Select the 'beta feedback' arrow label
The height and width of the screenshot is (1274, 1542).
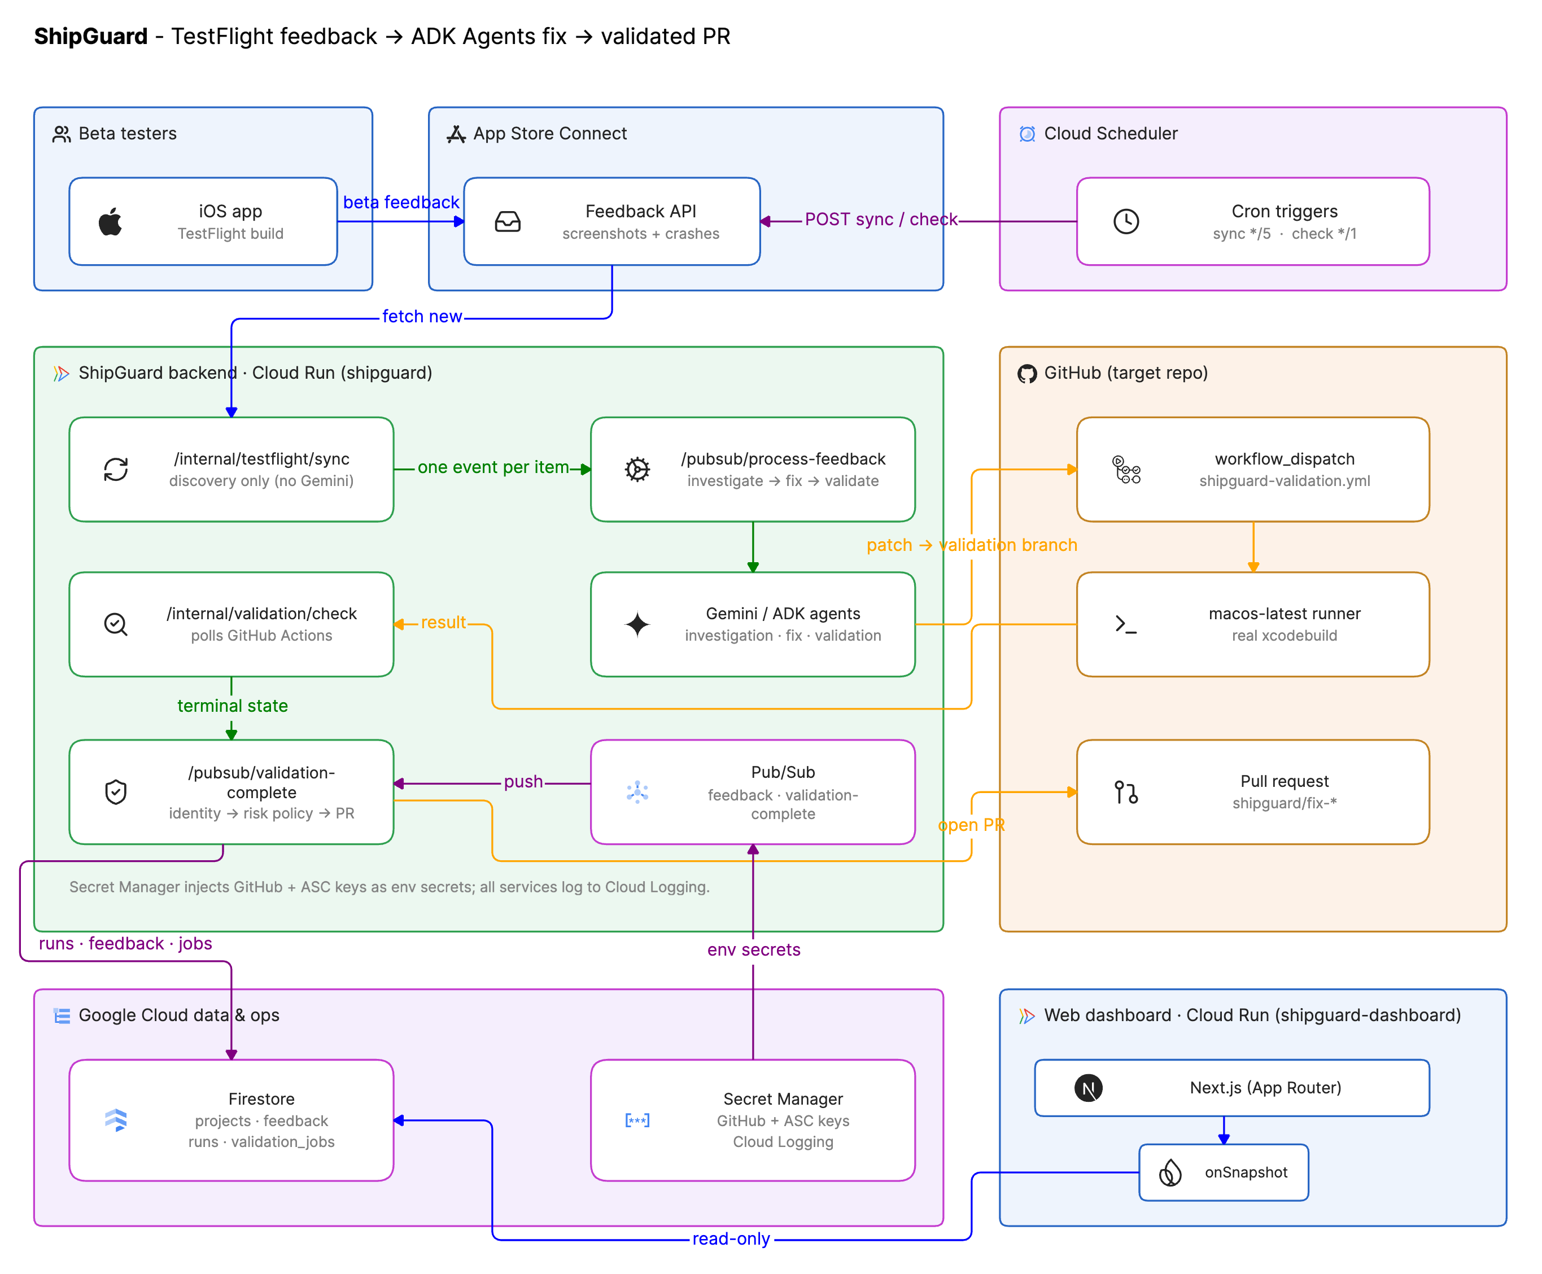pos(401,202)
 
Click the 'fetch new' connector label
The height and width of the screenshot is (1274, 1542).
pos(422,316)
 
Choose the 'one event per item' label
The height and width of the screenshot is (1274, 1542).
pos(493,467)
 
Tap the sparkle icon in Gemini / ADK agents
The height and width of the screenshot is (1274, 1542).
pos(637,624)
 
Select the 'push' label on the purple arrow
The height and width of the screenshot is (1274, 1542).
pos(523,782)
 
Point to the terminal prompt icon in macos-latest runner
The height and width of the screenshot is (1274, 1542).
pos(1125,624)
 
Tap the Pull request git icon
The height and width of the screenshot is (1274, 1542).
pos(1125,792)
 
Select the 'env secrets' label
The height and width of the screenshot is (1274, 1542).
pos(753,949)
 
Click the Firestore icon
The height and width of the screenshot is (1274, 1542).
pos(116,1119)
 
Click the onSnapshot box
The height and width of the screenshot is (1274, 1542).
pos(1223,1172)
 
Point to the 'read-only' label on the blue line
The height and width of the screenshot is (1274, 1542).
pos(731,1239)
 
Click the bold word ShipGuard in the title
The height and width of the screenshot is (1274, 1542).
pos(91,36)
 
